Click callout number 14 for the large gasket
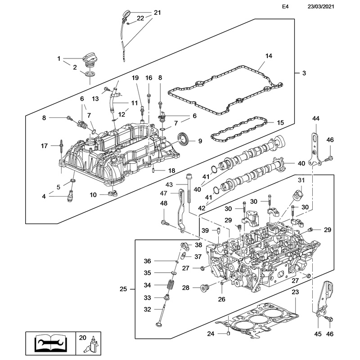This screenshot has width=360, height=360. tap(269, 56)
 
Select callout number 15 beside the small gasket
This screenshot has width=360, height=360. tap(280, 122)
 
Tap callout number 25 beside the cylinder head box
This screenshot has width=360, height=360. tap(126, 288)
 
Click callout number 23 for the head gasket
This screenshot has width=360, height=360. tap(295, 292)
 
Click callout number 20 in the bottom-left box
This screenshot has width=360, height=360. tap(82, 337)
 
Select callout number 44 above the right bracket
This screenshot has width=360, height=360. tap(315, 118)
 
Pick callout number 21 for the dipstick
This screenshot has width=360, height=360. tap(157, 13)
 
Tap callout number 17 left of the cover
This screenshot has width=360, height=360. tap(44, 146)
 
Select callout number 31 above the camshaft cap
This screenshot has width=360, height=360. tap(301, 180)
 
